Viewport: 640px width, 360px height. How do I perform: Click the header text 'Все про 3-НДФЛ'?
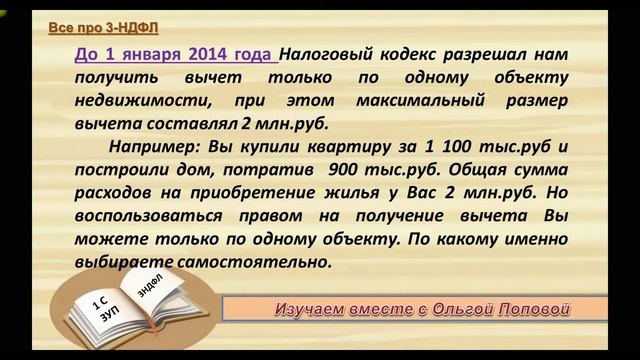[96, 27]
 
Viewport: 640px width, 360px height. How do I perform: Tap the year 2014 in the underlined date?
[203, 56]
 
